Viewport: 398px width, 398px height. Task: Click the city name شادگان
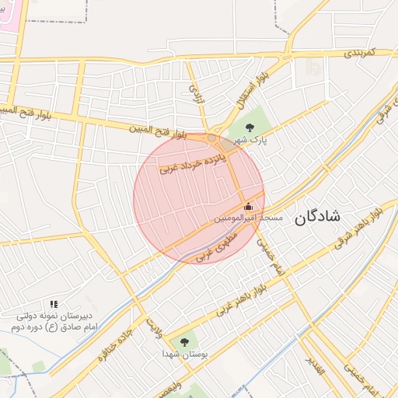pyautogui.click(x=317, y=218)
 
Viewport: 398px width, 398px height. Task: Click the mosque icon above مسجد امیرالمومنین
pyautogui.click(x=248, y=206)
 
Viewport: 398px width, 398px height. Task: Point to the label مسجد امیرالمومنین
pyautogui.click(x=248, y=219)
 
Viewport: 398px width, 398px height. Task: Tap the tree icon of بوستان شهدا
pyautogui.click(x=184, y=341)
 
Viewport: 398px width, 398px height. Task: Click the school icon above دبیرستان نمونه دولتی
pyautogui.click(x=54, y=304)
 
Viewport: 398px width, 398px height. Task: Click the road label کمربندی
pyautogui.click(x=359, y=53)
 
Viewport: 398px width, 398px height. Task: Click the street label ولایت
pyautogui.click(x=155, y=320)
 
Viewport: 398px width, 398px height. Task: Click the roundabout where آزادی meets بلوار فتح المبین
pyautogui.click(x=211, y=138)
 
